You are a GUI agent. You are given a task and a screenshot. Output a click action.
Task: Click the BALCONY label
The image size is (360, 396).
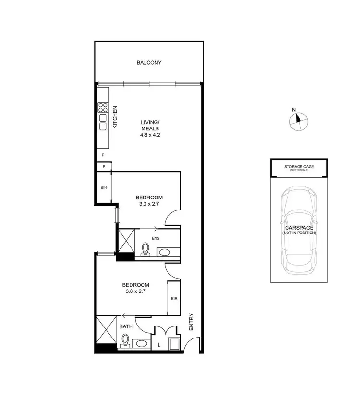click(149, 63)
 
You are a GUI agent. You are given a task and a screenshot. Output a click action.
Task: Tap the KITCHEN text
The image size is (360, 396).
click(115, 117)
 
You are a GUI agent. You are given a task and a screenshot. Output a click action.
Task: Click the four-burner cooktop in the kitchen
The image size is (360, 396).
click(103, 107)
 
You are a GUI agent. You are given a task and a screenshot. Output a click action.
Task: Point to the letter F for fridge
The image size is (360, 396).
click(103, 155)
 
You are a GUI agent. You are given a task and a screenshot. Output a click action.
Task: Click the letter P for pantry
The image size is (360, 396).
click(104, 166)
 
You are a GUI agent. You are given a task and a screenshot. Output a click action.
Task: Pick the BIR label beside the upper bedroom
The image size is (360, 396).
click(104, 187)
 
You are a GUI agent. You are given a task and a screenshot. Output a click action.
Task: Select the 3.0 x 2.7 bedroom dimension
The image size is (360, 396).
click(149, 204)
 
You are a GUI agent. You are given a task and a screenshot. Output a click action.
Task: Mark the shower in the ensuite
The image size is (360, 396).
click(126, 240)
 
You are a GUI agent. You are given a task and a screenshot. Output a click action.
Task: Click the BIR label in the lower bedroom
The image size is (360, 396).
click(174, 298)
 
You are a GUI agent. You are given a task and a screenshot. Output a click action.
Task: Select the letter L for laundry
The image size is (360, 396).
click(159, 344)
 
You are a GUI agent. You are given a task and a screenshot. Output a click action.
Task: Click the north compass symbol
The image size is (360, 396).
click(298, 120)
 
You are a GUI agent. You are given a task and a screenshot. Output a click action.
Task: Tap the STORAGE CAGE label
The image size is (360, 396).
click(299, 167)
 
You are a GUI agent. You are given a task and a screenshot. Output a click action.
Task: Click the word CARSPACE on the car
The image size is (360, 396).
click(300, 228)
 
